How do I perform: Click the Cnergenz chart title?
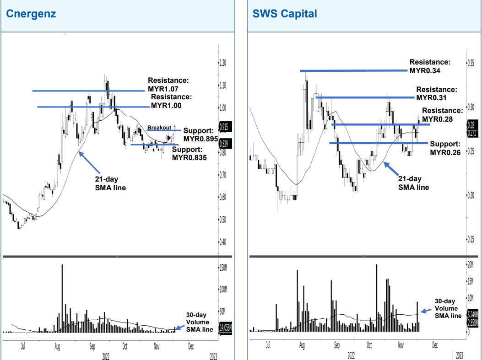[31, 14]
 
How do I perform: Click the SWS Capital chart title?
[284, 14]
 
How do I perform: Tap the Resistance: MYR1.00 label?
[171, 101]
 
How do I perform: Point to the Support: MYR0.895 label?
[200, 134]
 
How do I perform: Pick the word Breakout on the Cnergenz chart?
[159, 128]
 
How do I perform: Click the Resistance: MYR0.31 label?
[436, 93]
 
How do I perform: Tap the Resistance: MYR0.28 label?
[442, 115]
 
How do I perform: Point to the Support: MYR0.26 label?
[445, 148]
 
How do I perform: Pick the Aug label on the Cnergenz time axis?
[57, 347]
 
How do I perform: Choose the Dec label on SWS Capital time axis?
[434, 346]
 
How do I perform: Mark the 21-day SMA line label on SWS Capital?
[413, 183]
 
